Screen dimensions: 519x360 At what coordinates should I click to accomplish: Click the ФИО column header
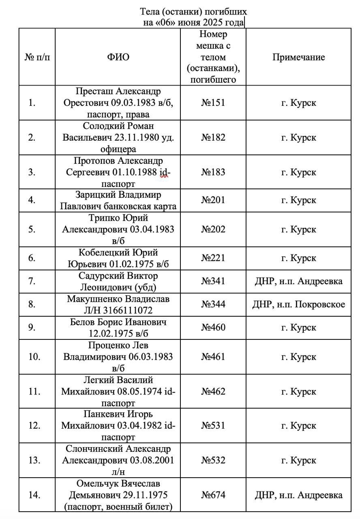[x=118, y=57]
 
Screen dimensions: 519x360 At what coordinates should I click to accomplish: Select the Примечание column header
[x=298, y=57]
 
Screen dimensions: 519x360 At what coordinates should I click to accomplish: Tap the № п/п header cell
[x=37, y=57]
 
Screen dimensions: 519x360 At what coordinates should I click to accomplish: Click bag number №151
[x=213, y=103]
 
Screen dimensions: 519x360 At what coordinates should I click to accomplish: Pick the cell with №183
[x=213, y=172]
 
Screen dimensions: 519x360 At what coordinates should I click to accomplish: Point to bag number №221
[x=213, y=258]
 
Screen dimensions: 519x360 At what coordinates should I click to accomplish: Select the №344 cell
[x=213, y=304]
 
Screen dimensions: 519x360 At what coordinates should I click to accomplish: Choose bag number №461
[x=213, y=357]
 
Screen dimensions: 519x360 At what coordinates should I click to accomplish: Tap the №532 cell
[x=213, y=461]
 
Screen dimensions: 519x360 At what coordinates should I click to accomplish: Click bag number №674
[x=213, y=495]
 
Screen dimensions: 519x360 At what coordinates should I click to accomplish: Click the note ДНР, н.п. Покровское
[x=298, y=304]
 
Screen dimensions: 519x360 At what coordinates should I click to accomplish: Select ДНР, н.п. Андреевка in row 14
[x=298, y=495]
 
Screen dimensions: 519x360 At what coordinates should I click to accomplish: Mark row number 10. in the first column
[x=34, y=357]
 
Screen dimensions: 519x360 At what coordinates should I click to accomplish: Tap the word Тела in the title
[x=149, y=12]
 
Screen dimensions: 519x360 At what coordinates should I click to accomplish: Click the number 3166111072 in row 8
[x=128, y=311]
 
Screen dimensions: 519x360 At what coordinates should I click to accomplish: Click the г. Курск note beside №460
[x=298, y=327]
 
